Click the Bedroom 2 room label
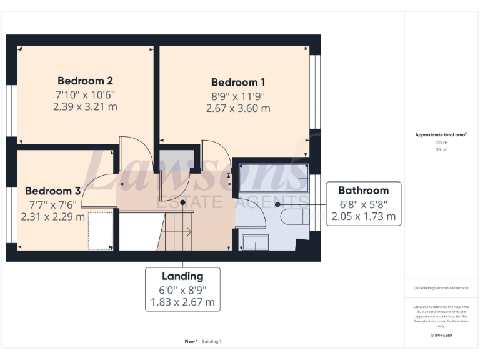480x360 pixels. [x=85, y=81]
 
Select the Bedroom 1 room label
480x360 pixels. [x=238, y=82]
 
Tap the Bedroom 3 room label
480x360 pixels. [x=53, y=191]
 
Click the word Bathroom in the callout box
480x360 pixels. [x=363, y=191]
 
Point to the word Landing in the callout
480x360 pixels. [x=182, y=276]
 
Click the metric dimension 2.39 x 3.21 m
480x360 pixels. [x=85, y=106]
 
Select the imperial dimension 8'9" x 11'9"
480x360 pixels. [x=238, y=96]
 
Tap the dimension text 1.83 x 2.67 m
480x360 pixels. [x=182, y=302]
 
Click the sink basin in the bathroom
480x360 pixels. [x=255, y=242]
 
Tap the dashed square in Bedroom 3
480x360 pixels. [x=100, y=231]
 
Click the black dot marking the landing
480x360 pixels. [x=182, y=202]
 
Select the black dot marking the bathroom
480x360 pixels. [x=277, y=204]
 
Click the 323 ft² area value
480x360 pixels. [x=441, y=142]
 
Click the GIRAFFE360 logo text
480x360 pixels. [x=441, y=336]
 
